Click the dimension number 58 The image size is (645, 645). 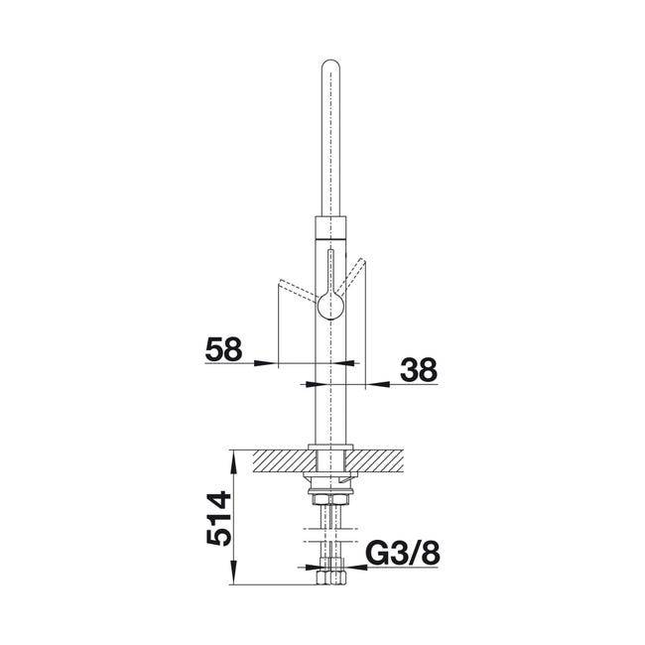point(224,349)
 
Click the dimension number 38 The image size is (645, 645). point(419,369)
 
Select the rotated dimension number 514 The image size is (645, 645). point(219,518)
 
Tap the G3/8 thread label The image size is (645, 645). point(403,554)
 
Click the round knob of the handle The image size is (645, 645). point(330,306)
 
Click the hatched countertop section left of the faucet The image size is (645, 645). point(284,460)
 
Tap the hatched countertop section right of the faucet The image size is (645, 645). point(374,460)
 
